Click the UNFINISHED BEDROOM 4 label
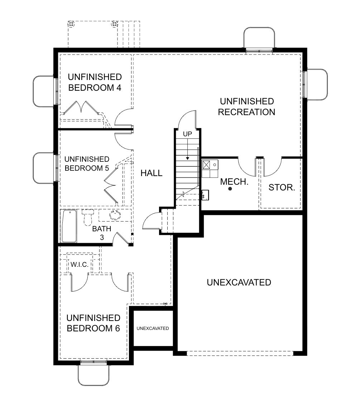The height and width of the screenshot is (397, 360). [95, 82]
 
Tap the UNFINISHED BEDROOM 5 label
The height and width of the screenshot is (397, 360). [87, 164]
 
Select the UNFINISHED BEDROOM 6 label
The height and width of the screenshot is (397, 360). [93, 323]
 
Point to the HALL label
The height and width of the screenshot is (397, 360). [152, 173]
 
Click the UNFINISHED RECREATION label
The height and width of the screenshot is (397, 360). [246, 107]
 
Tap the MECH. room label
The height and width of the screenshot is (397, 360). [234, 181]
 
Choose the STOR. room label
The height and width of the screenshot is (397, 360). [282, 187]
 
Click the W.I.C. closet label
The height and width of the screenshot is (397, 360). [80, 265]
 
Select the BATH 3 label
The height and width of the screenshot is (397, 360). [102, 233]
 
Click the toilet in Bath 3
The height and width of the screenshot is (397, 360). [88, 217]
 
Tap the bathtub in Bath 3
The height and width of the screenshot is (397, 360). [69, 226]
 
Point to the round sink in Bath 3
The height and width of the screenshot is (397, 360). [115, 215]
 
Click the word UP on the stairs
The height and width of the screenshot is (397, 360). [187, 134]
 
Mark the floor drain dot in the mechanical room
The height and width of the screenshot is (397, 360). [230, 189]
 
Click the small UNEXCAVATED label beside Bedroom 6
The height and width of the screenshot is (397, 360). [153, 329]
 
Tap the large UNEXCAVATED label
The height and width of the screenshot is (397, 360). [239, 282]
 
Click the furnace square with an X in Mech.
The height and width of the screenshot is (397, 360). [206, 165]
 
